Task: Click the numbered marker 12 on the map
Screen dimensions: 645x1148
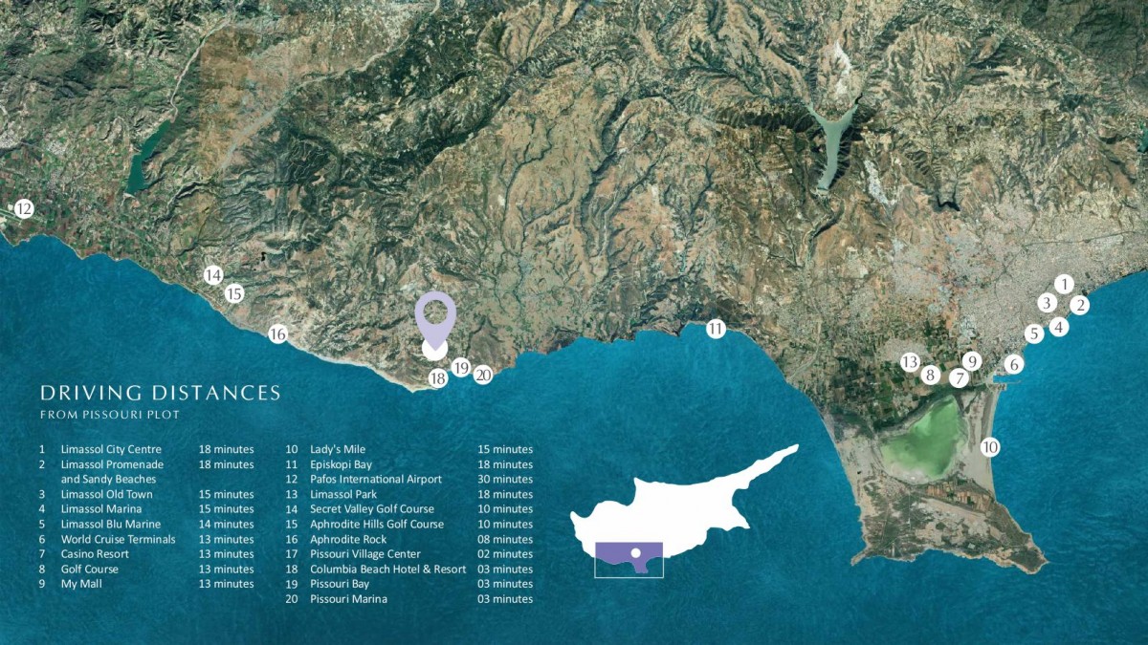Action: (x=24, y=208)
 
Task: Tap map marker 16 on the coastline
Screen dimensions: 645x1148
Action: (x=277, y=334)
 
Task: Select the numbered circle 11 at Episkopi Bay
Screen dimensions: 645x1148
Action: (x=716, y=330)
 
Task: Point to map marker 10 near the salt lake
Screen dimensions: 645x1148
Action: (x=990, y=446)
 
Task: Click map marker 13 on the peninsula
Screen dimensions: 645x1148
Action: (x=910, y=362)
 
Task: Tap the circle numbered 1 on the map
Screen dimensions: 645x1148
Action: (x=1063, y=284)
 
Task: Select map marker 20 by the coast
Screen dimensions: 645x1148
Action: (x=483, y=376)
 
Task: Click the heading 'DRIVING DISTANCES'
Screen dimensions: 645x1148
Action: (x=161, y=393)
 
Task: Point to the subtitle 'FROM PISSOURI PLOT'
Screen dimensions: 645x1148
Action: (x=109, y=415)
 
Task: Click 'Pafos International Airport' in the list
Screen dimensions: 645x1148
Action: (x=376, y=479)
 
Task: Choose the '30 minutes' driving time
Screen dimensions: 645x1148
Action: (x=505, y=479)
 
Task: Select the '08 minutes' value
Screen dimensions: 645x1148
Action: (x=505, y=539)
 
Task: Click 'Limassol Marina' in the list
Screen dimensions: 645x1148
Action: (x=101, y=509)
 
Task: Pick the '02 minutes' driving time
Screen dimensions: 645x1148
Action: (x=505, y=554)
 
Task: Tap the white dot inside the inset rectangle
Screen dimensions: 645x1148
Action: (x=634, y=552)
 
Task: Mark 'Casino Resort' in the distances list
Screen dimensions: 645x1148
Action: (x=95, y=554)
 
